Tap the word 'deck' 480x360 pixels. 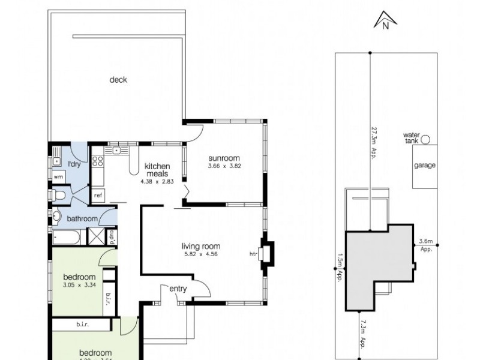click(x=118, y=80)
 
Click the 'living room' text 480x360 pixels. click(x=201, y=245)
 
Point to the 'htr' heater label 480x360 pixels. click(x=253, y=253)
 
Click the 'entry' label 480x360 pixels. click(x=178, y=289)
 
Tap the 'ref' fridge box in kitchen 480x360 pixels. click(x=97, y=196)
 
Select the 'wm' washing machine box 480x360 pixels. click(x=58, y=177)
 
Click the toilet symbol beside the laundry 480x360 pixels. click(x=59, y=194)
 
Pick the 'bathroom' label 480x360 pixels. click(x=82, y=218)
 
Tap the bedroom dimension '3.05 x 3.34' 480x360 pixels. click(x=80, y=285)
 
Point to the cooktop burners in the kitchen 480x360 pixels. click(x=97, y=161)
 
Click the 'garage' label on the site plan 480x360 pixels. click(x=425, y=166)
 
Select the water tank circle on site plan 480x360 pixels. click(x=425, y=140)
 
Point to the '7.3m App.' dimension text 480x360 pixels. click(x=364, y=334)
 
